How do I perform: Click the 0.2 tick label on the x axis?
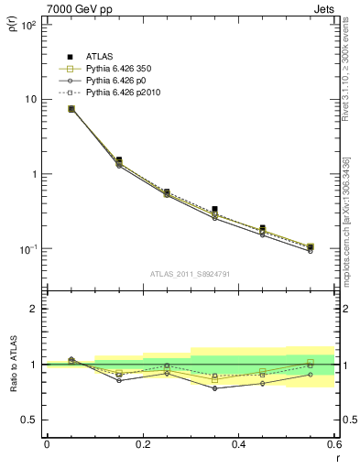[142, 445]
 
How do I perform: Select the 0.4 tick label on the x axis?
[238, 445]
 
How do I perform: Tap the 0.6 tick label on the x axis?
[333, 445]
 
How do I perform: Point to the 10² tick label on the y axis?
[28, 25]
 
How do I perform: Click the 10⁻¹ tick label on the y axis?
[28, 249]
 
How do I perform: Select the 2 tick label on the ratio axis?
[35, 309]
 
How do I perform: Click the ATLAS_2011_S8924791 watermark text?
[190, 273]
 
